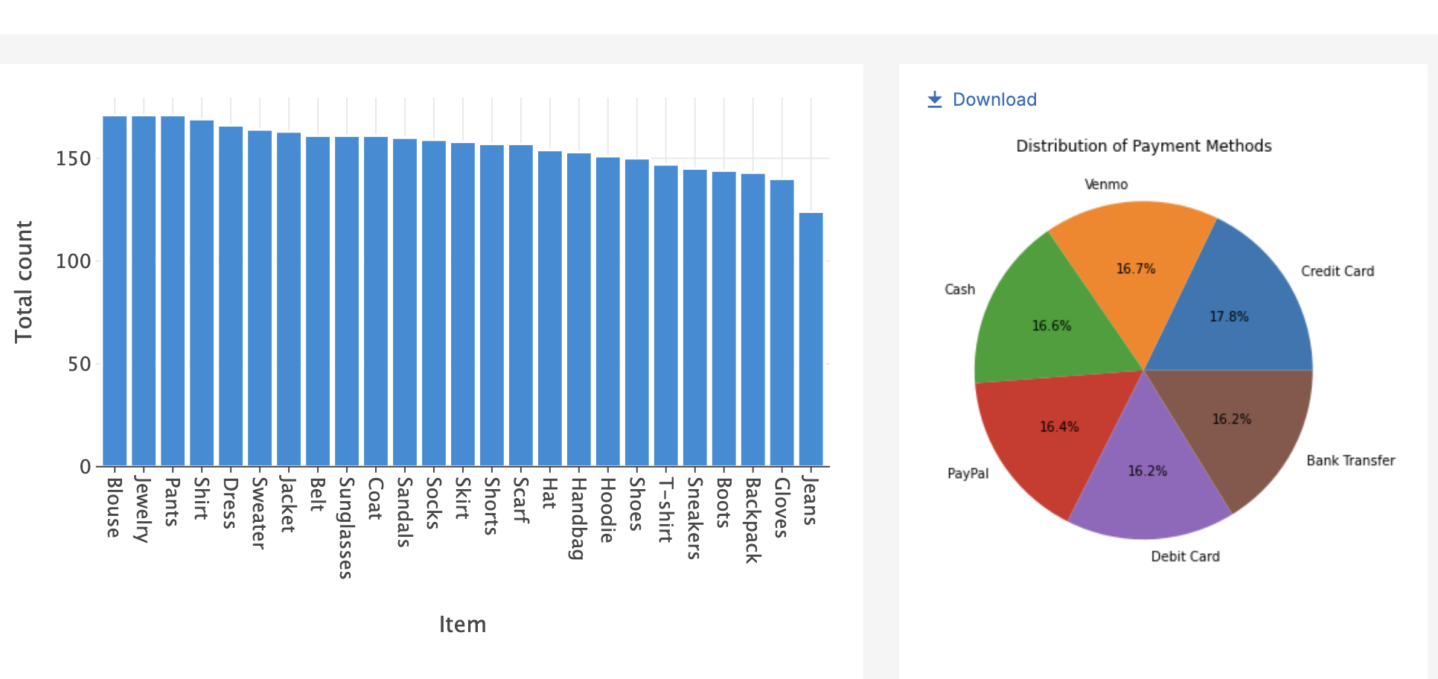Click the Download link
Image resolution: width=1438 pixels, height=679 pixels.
tap(982, 100)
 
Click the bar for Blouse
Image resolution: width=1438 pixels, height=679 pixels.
tap(115, 290)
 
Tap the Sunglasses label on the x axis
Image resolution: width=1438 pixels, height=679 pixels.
tap(345, 527)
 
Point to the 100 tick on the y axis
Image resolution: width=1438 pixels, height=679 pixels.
tap(73, 261)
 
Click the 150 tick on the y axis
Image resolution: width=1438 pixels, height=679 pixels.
tap(73, 159)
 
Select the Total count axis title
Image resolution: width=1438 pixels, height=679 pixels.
tap(24, 281)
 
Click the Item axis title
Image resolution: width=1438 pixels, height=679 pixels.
tap(462, 624)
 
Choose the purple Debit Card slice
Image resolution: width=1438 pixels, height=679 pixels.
tap(1146, 484)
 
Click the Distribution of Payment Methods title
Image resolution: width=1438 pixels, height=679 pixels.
tap(1144, 146)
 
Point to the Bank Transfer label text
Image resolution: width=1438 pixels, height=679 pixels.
tap(1350, 461)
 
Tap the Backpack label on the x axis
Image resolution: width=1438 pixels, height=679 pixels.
tap(752, 520)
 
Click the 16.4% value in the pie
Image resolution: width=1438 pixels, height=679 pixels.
tap(1059, 427)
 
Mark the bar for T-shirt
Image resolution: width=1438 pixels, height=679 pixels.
tap(665, 316)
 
